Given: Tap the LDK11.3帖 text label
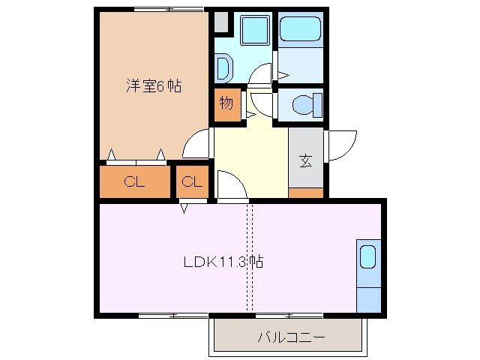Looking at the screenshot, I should pyautogui.click(x=223, y=262).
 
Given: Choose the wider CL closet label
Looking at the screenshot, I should pyautogui.click(x=134, y=181).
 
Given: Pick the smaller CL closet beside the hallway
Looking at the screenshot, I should pyautogui.click(x=192, y=181).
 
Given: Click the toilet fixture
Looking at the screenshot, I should pyautogui.click(x=304, y=104).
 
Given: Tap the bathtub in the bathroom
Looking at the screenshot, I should pyautogui.click(x=300, y=30).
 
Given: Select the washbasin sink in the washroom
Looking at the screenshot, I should pyautogui.click(x=223, y=69).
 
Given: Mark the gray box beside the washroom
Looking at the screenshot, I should pyautogui.click(x=221, y=22).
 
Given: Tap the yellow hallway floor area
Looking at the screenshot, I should pyautogui.click(x=251, y=161).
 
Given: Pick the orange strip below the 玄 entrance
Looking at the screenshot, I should pyautogui.click(x=306, y=193).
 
